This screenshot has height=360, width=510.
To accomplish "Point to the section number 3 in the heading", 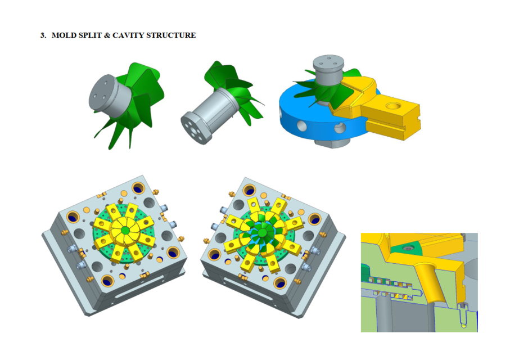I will (42, 35).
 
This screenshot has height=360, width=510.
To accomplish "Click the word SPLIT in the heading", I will (87, 35).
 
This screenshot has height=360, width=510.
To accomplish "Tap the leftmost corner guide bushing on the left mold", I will (73, 217).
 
